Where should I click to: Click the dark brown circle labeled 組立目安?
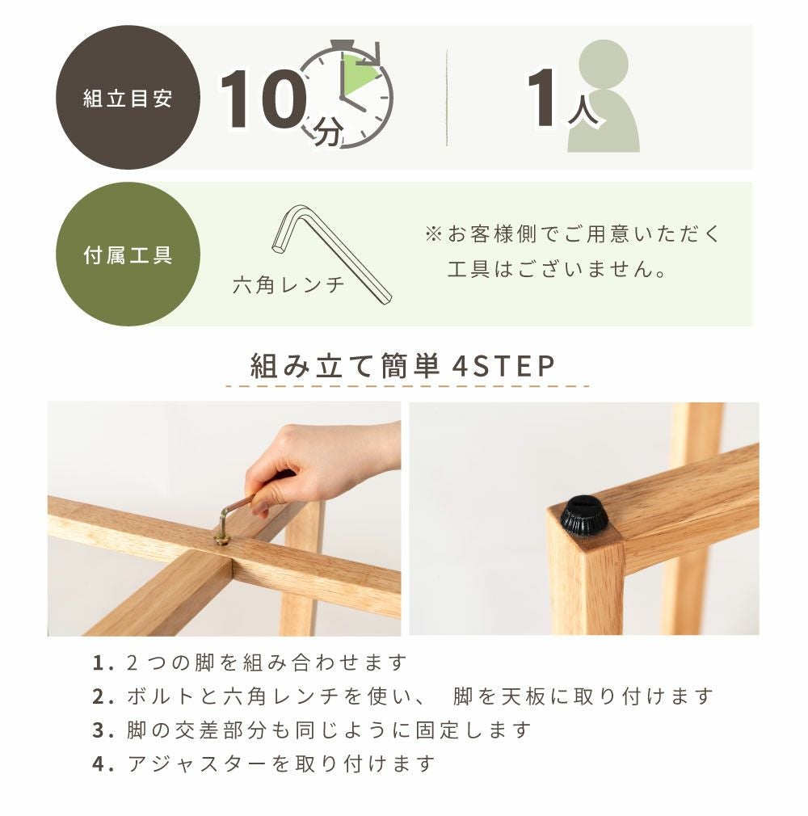[x=128, y=97]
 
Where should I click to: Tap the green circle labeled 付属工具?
[x=128, y=254]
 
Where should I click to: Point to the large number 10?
[x=262, y=99]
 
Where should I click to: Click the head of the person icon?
[x=604, y=64]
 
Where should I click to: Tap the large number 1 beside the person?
[x=541, y=97]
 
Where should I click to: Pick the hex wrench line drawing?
[x=331, y=254]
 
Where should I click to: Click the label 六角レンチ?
[x=289, y=284]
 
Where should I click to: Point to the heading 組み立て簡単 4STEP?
[x=403, y=366]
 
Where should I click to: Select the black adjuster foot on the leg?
[x=584, y=516]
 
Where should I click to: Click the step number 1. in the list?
[x=103, y=663]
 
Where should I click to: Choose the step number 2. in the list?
[x=103, y=696]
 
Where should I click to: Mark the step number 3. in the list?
[x=103, y=730]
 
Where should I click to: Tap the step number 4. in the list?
[x=103, y=764]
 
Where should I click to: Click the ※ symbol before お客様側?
[x=434, y=235]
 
